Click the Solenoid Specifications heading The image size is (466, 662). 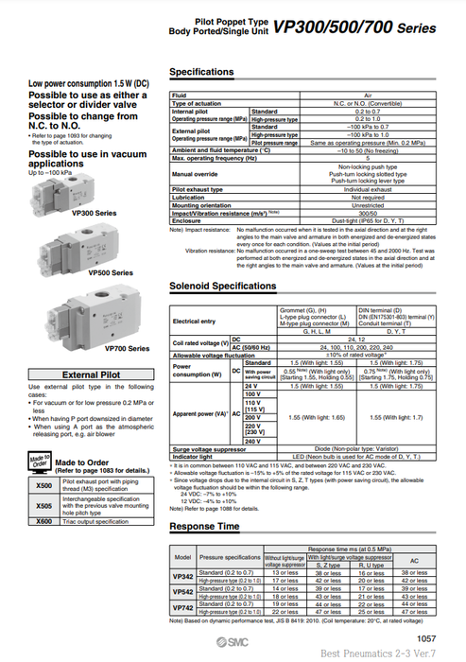click(222, 286)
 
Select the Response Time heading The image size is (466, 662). click(203, 526)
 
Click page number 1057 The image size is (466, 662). click(427, 638)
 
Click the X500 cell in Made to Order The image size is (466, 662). click(43, 485)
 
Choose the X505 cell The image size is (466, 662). click(43, 503)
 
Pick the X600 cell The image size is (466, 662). click(43, 520)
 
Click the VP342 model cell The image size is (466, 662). click(182, 576)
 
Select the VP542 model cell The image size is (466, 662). click(182, 592)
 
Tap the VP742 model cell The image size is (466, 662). click(182, 608)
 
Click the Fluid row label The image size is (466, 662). click(180, 96)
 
